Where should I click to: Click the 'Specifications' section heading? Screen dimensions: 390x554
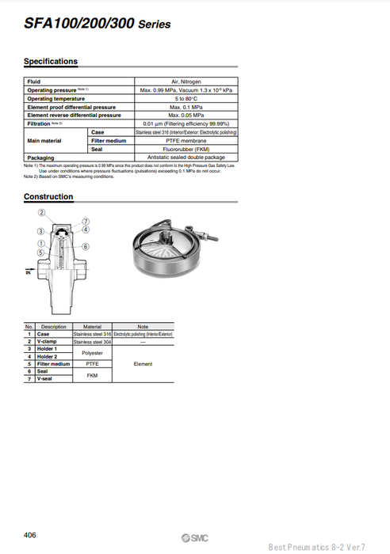click(51, 62)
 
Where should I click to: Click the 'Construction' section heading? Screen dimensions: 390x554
click(48, 196)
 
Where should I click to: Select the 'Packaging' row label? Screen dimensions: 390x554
click(41, 157)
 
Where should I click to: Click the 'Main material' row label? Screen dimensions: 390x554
click(44, 140)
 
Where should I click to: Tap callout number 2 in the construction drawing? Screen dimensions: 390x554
click(43, 213)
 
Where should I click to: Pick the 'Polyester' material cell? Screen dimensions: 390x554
click(92, 352)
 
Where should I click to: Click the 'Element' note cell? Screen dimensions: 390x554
click(143, 364)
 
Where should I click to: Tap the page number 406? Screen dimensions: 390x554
click(31, 535)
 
